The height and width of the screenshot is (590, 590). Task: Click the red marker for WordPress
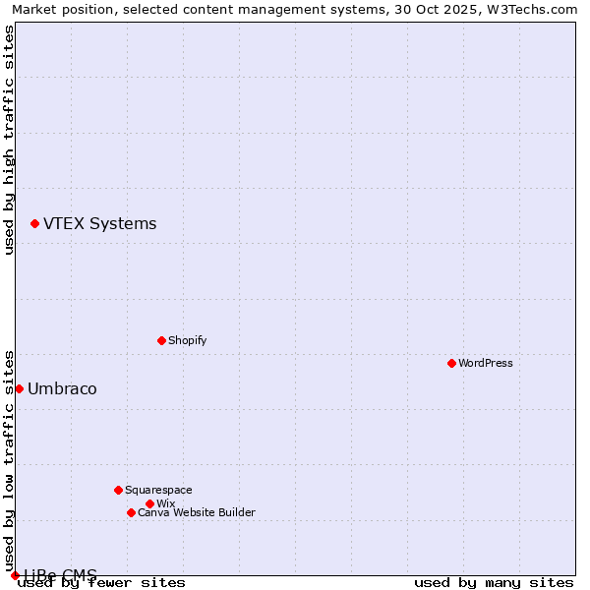click(451, 363)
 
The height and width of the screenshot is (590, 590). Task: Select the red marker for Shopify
click(161, 340)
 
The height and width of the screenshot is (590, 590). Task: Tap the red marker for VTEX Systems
click(34, 224)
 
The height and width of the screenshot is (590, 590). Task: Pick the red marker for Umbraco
click(19, 388)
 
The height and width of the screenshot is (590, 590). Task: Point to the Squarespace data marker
click(118, 490)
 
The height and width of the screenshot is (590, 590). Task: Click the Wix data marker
click(149, 503)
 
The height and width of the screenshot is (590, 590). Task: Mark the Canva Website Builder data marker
click(131, 512)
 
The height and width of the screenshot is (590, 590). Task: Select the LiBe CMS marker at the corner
click(15, 575)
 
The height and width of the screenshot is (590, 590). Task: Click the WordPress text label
click(486, 363)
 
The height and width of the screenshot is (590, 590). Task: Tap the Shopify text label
click(188, 340)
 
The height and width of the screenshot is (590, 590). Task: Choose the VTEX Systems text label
click(99, 223)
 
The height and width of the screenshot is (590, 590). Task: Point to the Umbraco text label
click(62, 388)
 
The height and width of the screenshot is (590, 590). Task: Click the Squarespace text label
click(158, 490)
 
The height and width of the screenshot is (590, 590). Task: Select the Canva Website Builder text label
click(197, 512)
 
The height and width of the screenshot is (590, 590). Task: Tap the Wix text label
click(166, 503)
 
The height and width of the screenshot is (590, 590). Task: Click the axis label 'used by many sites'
click(494, 583)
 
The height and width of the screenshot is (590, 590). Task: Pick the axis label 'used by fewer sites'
click(102, 583)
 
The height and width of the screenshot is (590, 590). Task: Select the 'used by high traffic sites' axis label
click(9, 140)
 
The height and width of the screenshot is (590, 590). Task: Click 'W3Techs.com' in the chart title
click(535, 9)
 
